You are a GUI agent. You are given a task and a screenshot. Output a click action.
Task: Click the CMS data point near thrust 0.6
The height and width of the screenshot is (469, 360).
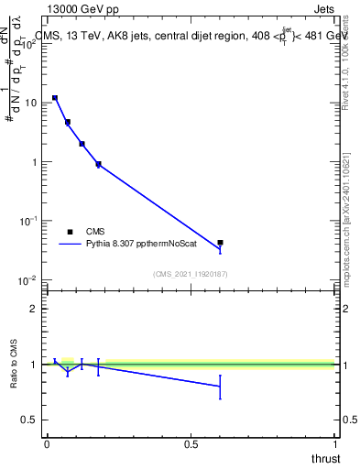pyautogui.click(x=220, y=243)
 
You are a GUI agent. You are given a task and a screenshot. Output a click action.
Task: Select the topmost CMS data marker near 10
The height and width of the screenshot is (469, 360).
pyautogui.click(x=55, y=97)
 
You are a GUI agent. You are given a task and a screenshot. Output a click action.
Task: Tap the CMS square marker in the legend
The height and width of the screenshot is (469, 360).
pyautogui.click(x=70, y=232)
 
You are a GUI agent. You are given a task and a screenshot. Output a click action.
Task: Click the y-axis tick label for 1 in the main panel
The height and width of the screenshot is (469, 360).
pyautogui.click(x=35, y=162)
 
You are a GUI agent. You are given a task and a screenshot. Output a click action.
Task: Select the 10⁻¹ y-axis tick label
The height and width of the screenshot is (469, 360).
pyautogui.click(x=29, y=221)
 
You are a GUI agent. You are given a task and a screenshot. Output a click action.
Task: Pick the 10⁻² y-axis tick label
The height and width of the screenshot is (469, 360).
pyautogui.click(x=29, y=279)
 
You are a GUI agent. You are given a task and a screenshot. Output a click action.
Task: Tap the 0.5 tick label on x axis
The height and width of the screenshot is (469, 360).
pyautogui.click(x=191, y=444)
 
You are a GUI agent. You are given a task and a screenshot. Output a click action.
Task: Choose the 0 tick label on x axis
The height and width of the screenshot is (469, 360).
pyautogui.click(x=47, y=444)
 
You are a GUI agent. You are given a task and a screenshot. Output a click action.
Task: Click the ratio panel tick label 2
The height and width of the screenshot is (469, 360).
pyautogui.click(x=35, y=309)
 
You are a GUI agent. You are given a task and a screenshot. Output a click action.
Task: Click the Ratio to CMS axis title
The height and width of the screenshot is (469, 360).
pyautogui.click(x=15, y=365)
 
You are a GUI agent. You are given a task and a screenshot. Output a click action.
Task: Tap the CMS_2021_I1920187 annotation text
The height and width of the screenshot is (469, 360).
pyautogui.click(x=191, y=274)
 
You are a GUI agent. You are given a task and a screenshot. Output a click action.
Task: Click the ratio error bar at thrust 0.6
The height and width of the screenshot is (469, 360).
pyautogui.click(x=220, y=386)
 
